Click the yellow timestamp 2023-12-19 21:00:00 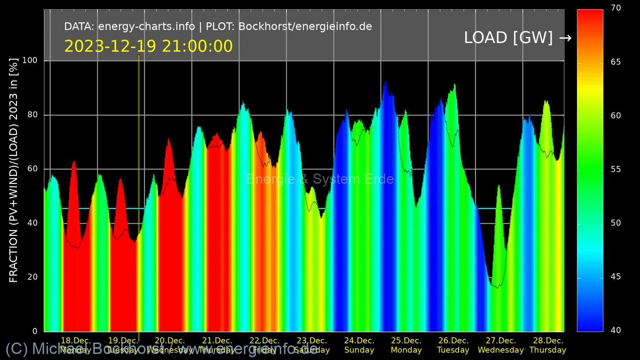coord(148,47)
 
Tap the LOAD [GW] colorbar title coord(508,38)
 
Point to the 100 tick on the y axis coord(30,60)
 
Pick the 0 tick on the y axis coord(34,331)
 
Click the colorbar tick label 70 coord(616,8)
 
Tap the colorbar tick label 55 coord(616,169)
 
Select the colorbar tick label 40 coord(616,330)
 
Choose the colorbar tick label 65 coord(616,62)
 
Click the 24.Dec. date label coord(359,340)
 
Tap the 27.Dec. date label coord(501,340)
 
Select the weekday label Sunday coord(359,350)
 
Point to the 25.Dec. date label coord(406,340)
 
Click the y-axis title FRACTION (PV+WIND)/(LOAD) coord(14,171)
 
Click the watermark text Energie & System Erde coord(320,179)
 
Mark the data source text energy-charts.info coord(146,27)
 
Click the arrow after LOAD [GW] coord(565,38)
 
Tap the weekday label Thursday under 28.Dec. coord(548,350)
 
